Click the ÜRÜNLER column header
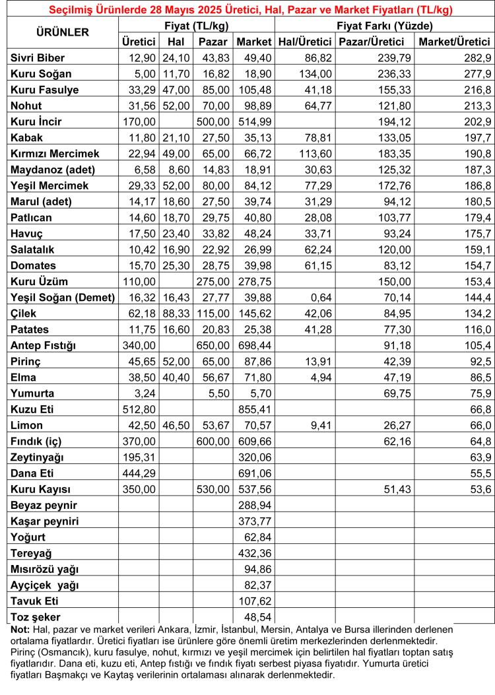point(61,32)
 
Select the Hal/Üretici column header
point(305,42)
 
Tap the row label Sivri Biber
point(38,58)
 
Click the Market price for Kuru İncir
point(254,121)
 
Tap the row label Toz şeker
point(34,616)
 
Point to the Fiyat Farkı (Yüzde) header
point(384,26)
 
